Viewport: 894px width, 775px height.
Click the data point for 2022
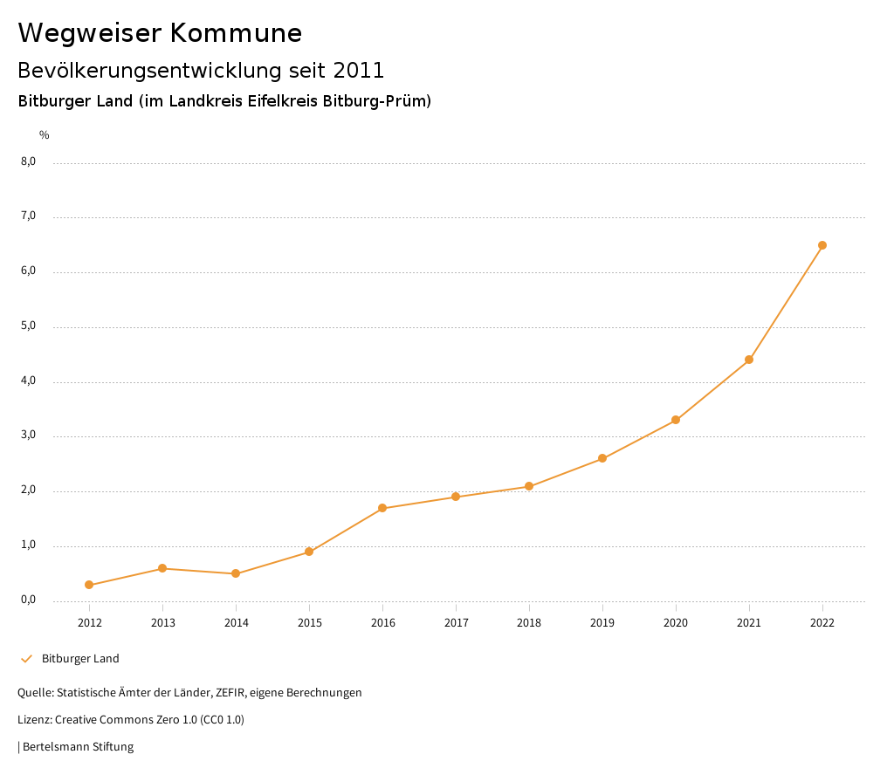pos(822,245)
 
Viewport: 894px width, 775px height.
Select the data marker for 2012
pos(89,585)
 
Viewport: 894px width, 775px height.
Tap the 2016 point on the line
pos(382,508)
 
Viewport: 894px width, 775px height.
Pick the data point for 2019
pos(602,458)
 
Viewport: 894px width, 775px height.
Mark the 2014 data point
pos(236,573)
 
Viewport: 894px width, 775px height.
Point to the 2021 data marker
pos(749,360)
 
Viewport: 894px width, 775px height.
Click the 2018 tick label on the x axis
pos(529,623)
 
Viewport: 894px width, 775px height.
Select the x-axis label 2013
pos(162,623)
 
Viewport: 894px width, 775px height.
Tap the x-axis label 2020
pos(676,623)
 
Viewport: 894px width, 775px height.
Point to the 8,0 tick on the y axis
pos(30,161)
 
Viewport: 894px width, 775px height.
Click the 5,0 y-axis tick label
pos(30,326)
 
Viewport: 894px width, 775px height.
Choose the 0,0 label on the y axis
pos(30,600)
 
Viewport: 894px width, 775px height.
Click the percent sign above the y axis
pos(45,135)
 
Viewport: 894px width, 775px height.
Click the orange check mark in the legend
pos(26,659)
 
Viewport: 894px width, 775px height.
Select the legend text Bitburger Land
pos(80,659)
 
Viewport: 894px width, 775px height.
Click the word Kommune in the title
pos(236,33)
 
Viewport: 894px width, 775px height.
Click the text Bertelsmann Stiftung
pos(78,747)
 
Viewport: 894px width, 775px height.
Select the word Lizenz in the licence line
pos(34,720)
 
